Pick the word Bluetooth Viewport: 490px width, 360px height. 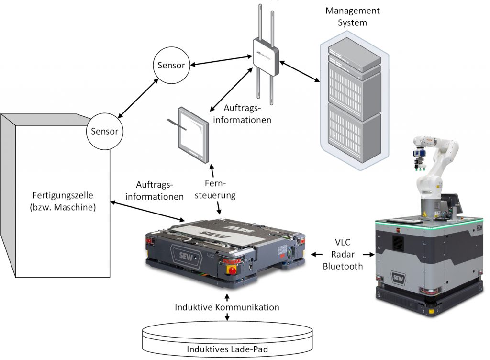point(343,267)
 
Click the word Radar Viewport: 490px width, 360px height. point(343,255)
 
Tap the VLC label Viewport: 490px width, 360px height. point(343,244)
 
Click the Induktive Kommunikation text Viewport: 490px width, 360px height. point(227,307)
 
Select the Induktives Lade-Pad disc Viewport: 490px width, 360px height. point(227,337)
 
